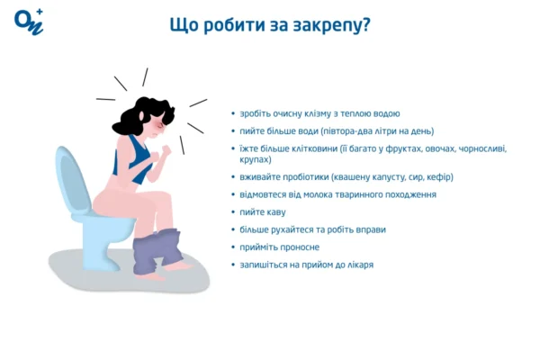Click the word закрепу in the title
(x=328, y=24)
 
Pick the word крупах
(x=256, y=159)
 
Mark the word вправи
(x=369, y=229)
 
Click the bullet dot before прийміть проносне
(x=233, y=247)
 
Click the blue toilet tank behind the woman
(x=69, y=175)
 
